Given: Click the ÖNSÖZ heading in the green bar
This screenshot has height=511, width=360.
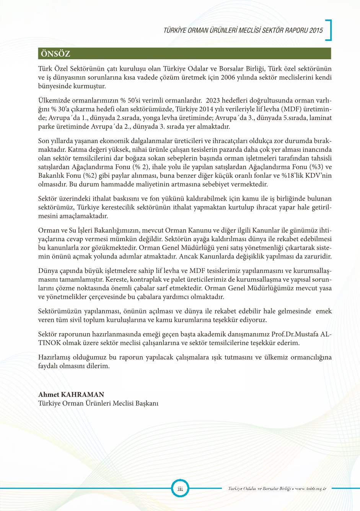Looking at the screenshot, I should (55, 54).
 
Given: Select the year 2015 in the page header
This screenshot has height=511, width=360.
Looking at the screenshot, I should (316, 30).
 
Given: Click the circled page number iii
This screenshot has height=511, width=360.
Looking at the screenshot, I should (180, 488).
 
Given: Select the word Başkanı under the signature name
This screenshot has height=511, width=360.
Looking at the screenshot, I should (147, 403).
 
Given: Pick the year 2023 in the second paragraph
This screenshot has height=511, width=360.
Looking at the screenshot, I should (213, 101).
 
